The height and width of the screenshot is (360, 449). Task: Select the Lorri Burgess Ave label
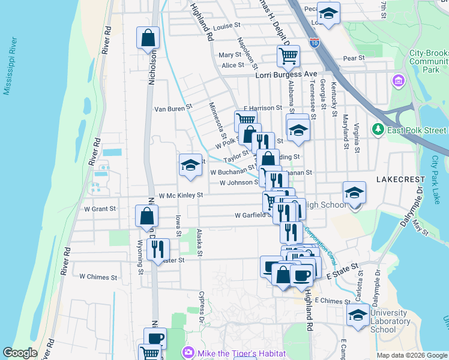pyautogui.click(x=286, y=74)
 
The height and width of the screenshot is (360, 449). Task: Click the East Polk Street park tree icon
pyautogui.click(x=378, y=130)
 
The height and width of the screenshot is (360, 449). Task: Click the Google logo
pyautogui.click(x=20, y=353)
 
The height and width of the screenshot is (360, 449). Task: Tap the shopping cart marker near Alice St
pyautogui.click(x=288, y=56)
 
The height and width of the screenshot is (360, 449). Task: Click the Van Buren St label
pyautogui.click(x=173, y=109)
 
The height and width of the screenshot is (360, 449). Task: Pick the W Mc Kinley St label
pyautogui.click(x=176, y=195)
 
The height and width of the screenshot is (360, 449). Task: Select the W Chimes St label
pyautogui.click(x=98, y=277)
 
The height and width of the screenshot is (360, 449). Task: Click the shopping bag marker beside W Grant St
pyautogui.click(x=147, y=217)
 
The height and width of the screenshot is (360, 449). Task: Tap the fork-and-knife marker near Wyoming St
pyautogui.click(x=158, y=250)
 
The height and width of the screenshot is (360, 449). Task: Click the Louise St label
pyautogui.click(x=226, y=26)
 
